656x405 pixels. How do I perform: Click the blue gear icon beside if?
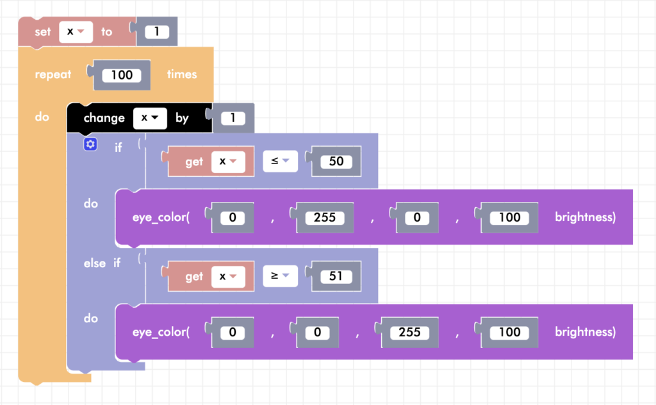pyautogui.click(x=90, y=145)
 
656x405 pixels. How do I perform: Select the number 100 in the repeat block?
pyautogui.click(x=122, y=75)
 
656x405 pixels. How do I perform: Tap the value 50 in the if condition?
pyautogui.click(x=336, y=161)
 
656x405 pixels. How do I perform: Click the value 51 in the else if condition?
pyautogui.click(x=336, y=276)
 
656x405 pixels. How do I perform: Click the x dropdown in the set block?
pyautogui.click(x=76, y=31)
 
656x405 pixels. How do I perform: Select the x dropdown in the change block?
pyautogui.click(x=150, y=118)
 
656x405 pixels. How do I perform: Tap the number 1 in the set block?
pyautogui.click(x=157, y=31)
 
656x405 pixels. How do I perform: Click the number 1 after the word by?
pyautogui.click(x=233, y=118)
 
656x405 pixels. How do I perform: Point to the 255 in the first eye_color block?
pyautogui.click(x=325, y=217)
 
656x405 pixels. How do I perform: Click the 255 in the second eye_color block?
pyautogui.click(x=410, y=332)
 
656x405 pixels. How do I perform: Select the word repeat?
pyautogui.click(x=53, y=74)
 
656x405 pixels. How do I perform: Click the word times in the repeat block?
pyautogui.click(x=182, y=74)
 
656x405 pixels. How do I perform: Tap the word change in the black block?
pyautogui.click(x=104, y=118)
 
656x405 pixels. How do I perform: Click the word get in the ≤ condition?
pyautogui.click(x=194, y=161)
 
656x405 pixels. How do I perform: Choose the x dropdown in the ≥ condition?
pyautogui.click(x=229, y=276)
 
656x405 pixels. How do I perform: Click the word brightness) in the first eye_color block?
pyautogui.click(x=585, y=217)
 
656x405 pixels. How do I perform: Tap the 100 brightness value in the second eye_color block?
pyautogui.click(x=509, y=332)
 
